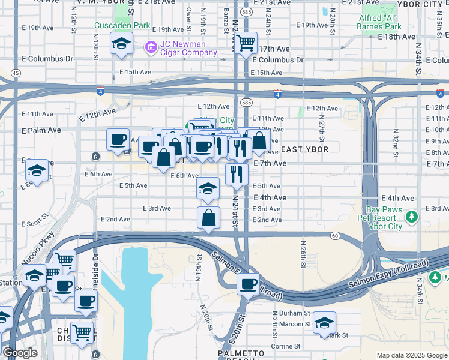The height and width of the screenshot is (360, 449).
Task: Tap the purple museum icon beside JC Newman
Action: coord(151,46)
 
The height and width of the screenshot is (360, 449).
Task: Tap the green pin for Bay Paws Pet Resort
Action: coord(411,216)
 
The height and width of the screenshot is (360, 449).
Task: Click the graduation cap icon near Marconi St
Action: coord(324,322)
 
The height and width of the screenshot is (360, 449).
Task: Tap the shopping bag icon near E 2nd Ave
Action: coord(208,218)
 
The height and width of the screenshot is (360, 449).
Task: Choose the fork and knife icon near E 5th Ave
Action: coord(237,174)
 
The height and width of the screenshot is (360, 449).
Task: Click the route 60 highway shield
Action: coord(335,236)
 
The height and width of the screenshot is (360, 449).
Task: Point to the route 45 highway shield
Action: coord(15,73)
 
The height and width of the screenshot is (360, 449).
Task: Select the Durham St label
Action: coord(291,313)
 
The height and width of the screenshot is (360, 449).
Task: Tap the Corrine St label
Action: coord(285,346)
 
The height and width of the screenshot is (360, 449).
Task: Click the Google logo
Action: coord(20,353)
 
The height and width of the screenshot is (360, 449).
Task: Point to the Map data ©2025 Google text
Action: coord(411,355)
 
